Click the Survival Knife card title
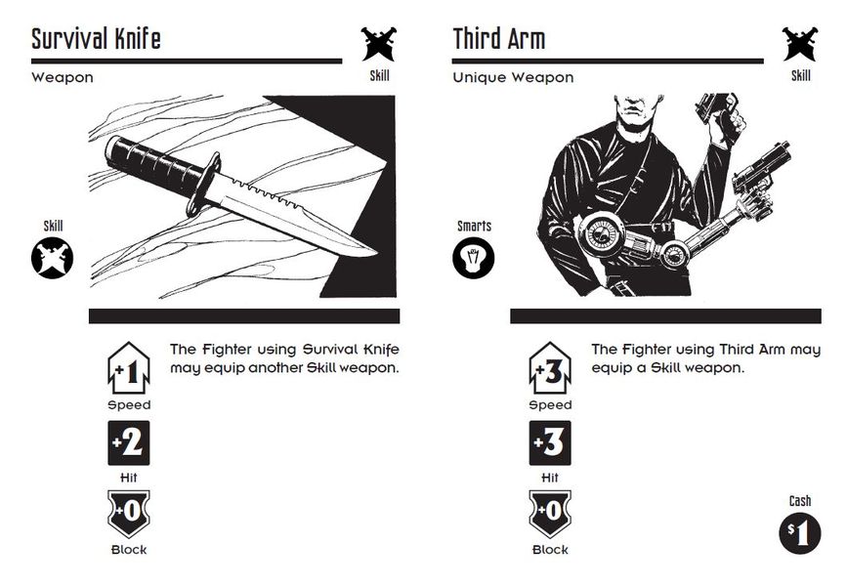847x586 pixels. click(96, 39)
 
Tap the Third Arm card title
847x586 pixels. click(498, 39)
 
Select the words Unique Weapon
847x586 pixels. click(513, 78)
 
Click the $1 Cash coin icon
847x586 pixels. click(799, 533)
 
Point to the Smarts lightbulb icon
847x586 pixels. click(473, 258)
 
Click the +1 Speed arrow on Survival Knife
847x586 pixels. click(129, 369)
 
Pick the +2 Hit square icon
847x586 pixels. click(129, 443)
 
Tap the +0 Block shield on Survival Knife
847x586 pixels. click(129, 514)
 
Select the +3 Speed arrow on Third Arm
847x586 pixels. click(550, 369)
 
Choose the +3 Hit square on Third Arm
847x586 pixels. click(550, 443)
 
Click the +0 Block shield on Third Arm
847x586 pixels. click(550, 514)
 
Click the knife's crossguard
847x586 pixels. click(203, 184)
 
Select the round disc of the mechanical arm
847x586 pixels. click(601, 234)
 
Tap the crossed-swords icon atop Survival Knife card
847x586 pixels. click(378, 43)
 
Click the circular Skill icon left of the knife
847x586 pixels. click(52, 258)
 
